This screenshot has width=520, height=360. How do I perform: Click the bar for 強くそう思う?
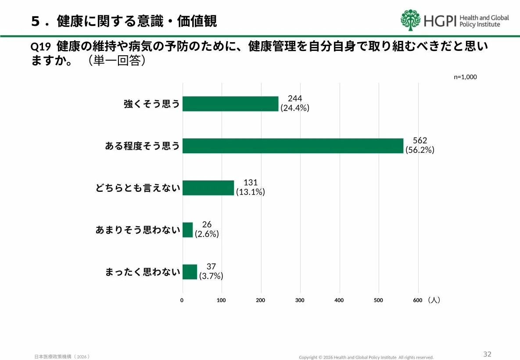[x=230, y=104]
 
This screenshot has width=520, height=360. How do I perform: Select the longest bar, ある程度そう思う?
[x=293, y=146]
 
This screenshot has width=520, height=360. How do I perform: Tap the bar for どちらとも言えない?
[x=208, y=188]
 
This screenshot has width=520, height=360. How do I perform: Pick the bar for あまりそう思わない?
[x=187, y=230]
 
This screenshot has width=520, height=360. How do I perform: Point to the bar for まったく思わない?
[x=190, y=272]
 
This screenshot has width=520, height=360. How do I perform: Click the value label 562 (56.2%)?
[x=420, y=145]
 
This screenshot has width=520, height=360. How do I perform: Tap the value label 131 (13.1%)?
[x=250, y=187]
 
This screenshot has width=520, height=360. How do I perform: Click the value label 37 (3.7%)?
[x=211, y=271]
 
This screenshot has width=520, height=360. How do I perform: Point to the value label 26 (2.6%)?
[x=207, y=229]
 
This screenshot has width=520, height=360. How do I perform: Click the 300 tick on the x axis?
[x=300, y=300]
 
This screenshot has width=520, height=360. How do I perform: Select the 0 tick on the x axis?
[x=182, y=300]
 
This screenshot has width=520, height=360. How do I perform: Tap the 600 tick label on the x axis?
[x=417, y=300]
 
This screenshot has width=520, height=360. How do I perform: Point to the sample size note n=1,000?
[x=465, y=77]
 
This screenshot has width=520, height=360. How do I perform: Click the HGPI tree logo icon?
[x=410, y=20]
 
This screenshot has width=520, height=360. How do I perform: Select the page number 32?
[x=487, y=354]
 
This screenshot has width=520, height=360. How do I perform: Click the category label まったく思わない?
[x=143, y=272]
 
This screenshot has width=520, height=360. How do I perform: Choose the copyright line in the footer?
[x=366, y=357]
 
